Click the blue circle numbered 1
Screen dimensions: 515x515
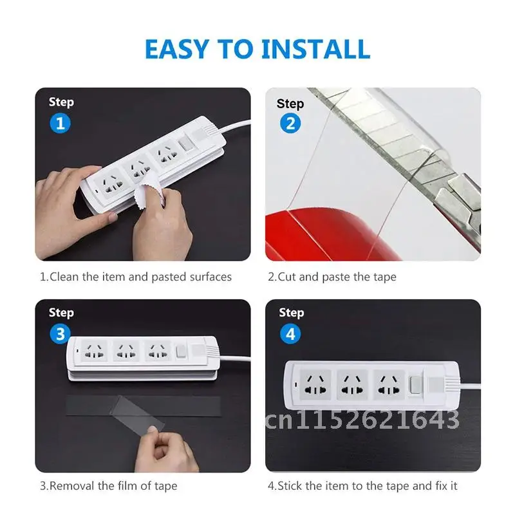coord(61,123)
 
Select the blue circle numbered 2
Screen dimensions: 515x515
coord(290,123)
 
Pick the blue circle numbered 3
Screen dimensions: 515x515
coord(61,333)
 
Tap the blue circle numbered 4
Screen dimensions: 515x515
coord(290,333)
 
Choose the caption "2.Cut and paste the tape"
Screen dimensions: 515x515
coord(332,277)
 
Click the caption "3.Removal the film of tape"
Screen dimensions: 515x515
coord(108,485)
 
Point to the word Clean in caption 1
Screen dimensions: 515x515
coord(64,277)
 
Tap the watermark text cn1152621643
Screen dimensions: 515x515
coord(360,420)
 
